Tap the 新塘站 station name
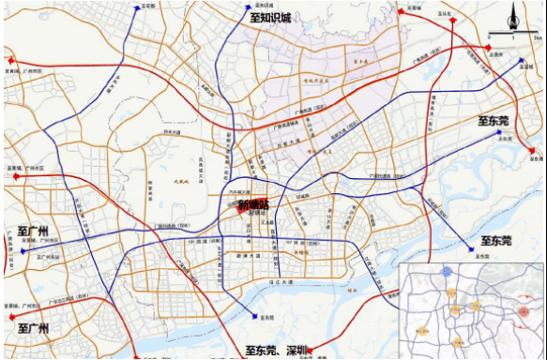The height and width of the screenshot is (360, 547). pos(252,204)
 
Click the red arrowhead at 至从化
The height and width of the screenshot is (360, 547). pos(402,12)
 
